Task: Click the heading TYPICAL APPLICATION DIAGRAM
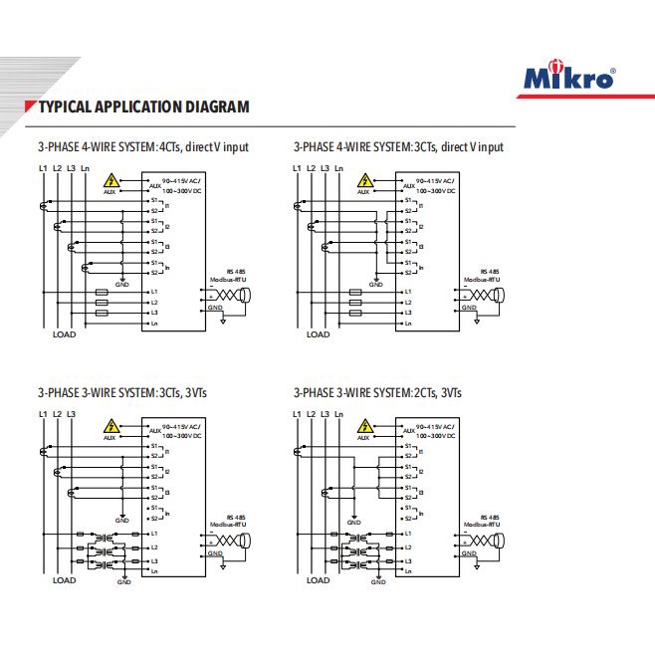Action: pos(143,107)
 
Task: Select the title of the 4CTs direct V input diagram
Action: pos(143,147)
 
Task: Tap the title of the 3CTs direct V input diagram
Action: pos(398,147)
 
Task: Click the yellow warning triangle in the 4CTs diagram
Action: pos(113,181)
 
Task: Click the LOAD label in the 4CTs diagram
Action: pos(64,334)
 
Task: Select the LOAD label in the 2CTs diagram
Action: pos(318,580)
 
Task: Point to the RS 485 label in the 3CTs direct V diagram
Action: pos(489,272)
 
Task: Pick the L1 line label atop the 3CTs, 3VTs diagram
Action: pos(43,413)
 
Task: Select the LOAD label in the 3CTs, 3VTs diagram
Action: pos(64,580)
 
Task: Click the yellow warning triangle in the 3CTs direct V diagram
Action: pos(368,181)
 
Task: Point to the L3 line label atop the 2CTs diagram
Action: pos(326,413)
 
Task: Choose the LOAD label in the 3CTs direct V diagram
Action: pos(318,334)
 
